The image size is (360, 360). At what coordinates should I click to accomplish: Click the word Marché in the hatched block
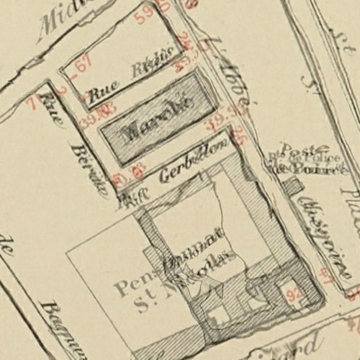pos(156,115)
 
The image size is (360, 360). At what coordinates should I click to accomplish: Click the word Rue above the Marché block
pos(101,94)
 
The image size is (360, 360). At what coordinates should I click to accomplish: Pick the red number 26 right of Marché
pos(239,135)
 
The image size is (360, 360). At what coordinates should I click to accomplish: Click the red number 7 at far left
pos(31,102)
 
